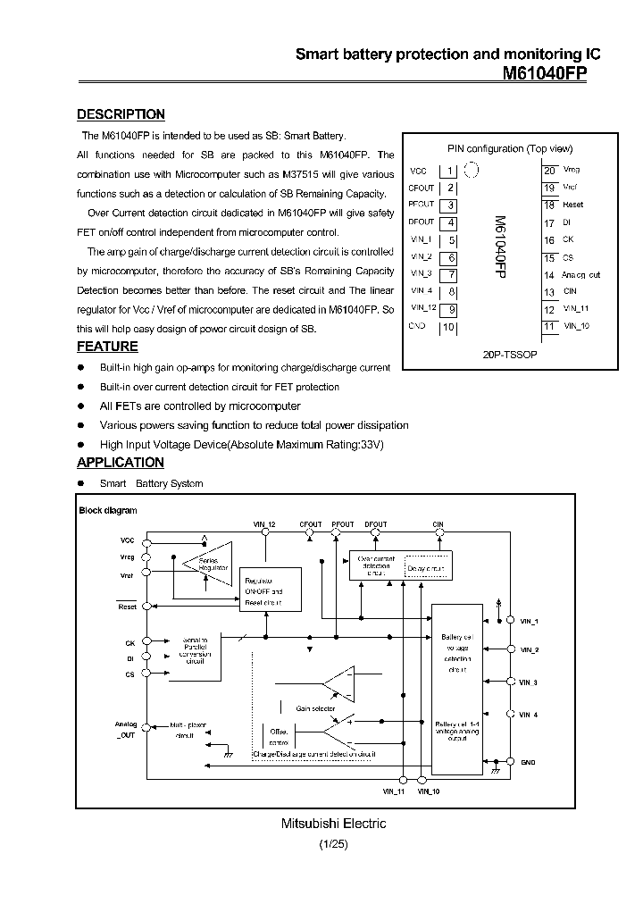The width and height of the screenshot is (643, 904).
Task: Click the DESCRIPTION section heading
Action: (x=121, y=114)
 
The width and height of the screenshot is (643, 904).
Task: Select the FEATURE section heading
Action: (x=107, y=347)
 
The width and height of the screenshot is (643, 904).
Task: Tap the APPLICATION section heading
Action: (x=121, y=463)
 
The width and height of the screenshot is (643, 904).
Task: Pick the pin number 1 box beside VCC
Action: (x=451, y=171)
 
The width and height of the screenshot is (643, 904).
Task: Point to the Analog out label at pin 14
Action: (x=581, y=275)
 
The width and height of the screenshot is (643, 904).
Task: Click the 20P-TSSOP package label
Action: (x=510, y=354)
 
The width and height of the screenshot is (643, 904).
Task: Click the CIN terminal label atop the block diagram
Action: (x=438, y=524)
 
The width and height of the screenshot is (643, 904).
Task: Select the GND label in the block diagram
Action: (x=529, y=761)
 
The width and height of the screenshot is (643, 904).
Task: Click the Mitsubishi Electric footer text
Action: (x=321, y=824)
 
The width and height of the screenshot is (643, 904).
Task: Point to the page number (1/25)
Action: (x=321, y=843)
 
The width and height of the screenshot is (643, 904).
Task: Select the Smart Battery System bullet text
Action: (x=152, y=483)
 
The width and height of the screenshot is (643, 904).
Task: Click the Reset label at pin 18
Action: (x=572, y=205)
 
